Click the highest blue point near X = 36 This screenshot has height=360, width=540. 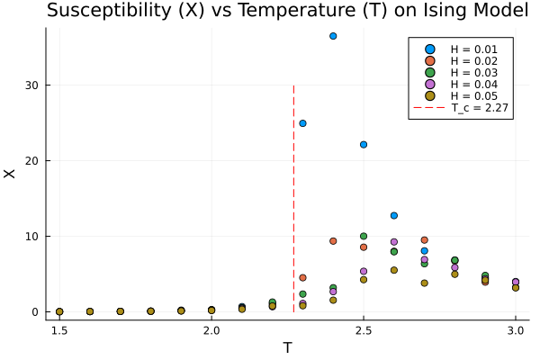(x=333, y=36)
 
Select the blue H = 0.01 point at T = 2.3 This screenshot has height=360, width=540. (x=302, y=123)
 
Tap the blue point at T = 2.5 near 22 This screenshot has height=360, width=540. (x=364, y=144)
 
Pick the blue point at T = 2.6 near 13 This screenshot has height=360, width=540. (x=394, y=215)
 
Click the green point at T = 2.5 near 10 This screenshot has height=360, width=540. (x=364, y=236)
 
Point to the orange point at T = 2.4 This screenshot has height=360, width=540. (x=333, y=241)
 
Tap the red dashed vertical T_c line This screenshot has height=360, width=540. (x=293, y=180)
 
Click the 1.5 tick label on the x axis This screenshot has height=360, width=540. (x=59, y=331)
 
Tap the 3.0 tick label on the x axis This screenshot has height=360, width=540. (x=516, y=331)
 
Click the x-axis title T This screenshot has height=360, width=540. (x=287, y=347)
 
